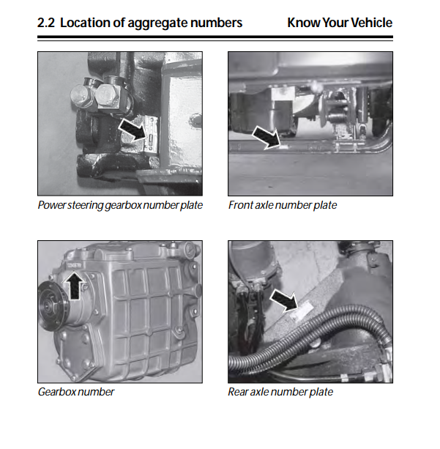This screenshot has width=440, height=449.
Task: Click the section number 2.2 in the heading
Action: coord(46,23)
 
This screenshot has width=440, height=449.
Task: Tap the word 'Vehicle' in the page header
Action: coord(371,23)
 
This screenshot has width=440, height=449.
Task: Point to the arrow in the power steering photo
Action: coord(132,130)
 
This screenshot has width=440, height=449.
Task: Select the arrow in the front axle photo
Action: coord(266,138)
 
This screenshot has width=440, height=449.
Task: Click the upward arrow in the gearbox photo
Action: coord(75,286)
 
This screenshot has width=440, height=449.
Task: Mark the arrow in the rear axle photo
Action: coord(284,301)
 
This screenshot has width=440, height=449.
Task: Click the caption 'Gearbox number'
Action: coord(76,392)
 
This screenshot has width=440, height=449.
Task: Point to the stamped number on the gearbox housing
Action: coord(74,265)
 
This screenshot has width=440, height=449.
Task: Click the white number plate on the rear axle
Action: coord(303,311)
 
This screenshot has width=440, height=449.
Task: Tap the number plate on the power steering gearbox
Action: coord(151,134)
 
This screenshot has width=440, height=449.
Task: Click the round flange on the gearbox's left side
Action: coord(51,305)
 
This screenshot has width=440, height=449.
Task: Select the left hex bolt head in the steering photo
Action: coord(81,96)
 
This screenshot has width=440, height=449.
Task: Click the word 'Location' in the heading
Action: coord(85,23)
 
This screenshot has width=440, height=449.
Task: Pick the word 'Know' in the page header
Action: coord(304,23)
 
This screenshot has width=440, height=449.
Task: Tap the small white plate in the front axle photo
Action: coord(283,147)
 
